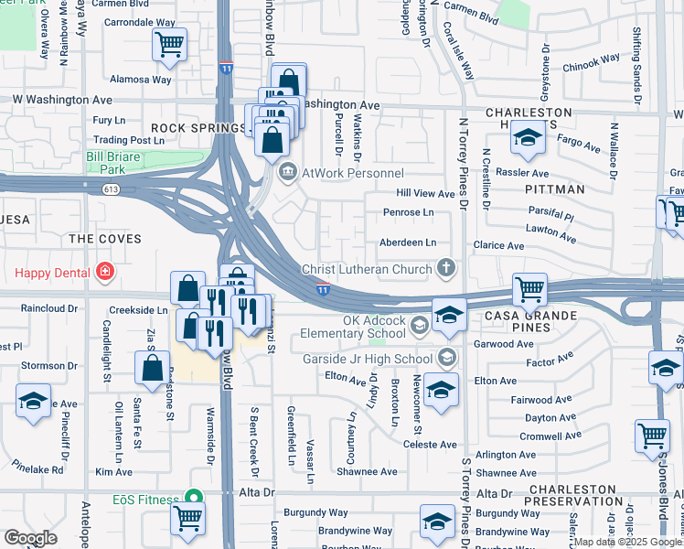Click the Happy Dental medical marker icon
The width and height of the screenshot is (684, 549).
pyautogui.click(x=106, y=273)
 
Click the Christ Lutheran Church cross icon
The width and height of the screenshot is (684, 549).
pyautogui.click(x=445, y=268)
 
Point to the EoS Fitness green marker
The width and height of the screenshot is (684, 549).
pyautogui.click(x=192, y=497)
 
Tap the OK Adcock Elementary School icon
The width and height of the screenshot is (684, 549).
pyautogui.click(x=419, y=325)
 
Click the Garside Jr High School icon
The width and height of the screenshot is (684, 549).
pyautogui.click(x=447, y=359)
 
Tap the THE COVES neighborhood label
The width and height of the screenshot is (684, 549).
pyautogui.click(x=105, y=239)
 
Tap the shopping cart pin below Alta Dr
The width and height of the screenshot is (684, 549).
pyautogui.click(x=187, y=517)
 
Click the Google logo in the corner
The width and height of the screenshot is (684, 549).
pyautogui.click(x=30, y=538)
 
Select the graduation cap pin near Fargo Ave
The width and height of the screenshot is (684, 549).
pyautogui.click(x=528, y=137)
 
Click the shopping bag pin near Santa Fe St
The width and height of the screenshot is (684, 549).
pyautogui.click(x=153, y=368)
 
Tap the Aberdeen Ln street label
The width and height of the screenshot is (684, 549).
pyautogui.click(x=408, y=242)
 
